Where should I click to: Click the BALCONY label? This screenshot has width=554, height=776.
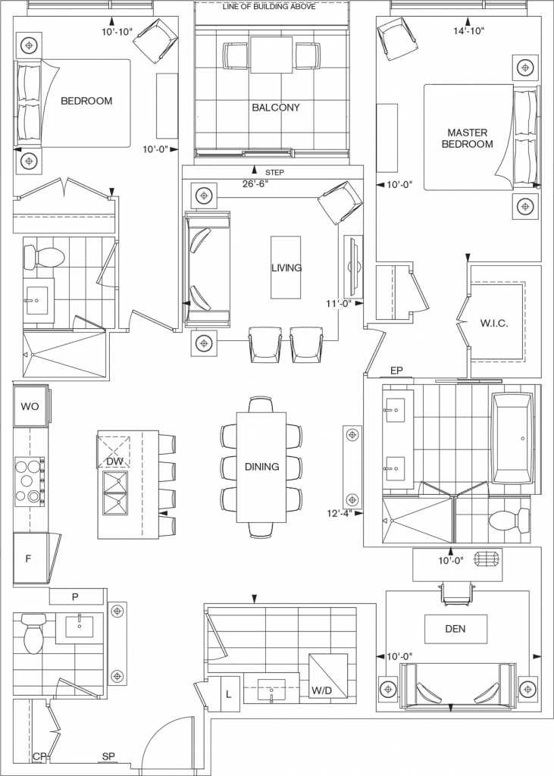pos(276,108)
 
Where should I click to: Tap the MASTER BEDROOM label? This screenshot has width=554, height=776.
pos(468,138)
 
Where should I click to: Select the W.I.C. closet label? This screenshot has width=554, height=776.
pos(494,324)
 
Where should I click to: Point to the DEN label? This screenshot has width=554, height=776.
pos(455,628)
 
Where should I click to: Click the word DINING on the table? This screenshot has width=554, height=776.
pos(262,467)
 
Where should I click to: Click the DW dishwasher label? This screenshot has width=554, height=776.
pos(115,462)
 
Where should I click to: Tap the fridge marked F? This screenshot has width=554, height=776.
pos(31,559)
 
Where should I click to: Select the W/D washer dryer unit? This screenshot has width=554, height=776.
pos(327,677)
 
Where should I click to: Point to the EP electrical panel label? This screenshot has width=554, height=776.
pos(396,370)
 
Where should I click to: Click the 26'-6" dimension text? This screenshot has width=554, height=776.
pos(255,183)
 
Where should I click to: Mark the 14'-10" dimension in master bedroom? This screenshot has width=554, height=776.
pos(468,30)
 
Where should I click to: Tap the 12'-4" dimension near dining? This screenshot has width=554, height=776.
pos(339,514)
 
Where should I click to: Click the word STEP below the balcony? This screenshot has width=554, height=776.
pos(275,172)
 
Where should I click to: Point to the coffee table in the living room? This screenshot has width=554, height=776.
pos(286,268)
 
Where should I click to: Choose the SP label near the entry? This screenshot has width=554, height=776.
pos(108,756)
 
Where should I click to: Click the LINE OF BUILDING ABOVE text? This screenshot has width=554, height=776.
pos(269,6)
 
